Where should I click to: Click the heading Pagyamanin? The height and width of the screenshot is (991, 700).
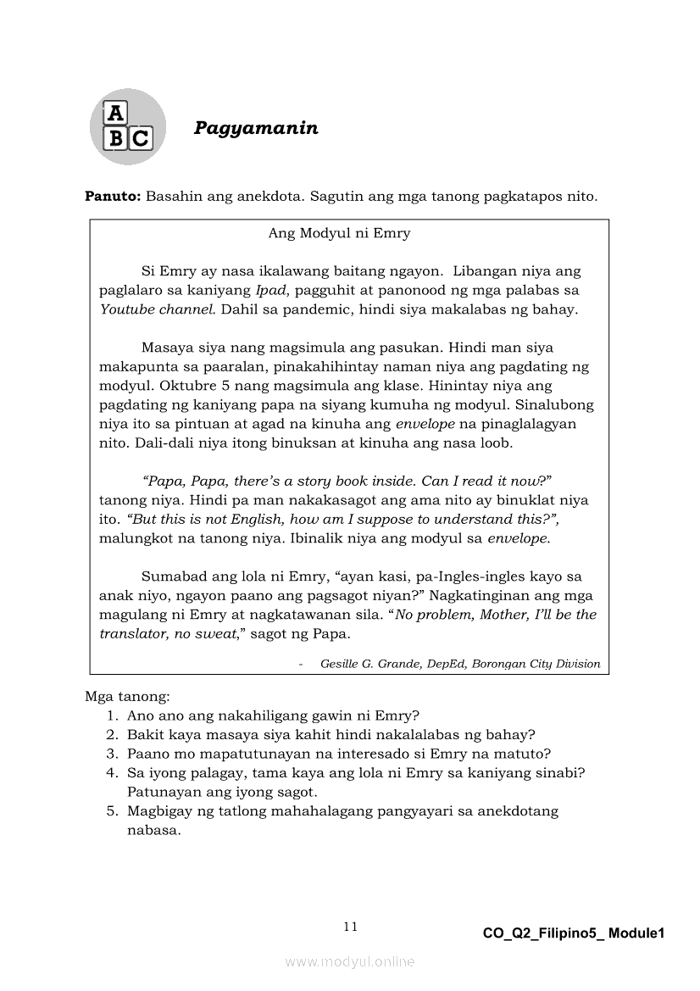click(256, 128)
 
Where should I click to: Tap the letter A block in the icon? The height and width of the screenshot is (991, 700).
click(114, 113)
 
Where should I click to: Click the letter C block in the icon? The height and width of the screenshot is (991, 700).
click(140, 138)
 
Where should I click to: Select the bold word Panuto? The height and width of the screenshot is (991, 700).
click(113, 197)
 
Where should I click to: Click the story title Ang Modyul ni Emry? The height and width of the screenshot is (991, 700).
click(339, 233)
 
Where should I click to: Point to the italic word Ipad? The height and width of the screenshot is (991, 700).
click(270, 290)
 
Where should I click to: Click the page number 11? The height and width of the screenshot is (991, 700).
click(350, 927)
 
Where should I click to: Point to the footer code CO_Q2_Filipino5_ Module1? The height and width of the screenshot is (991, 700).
click(574, 933)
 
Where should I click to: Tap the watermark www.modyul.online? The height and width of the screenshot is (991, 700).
click(349, 961)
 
